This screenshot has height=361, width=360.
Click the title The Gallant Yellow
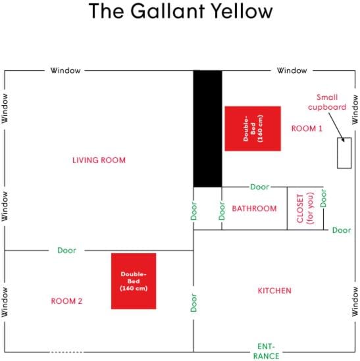coord(180,11)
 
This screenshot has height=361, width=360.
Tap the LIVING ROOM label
coord(99,160)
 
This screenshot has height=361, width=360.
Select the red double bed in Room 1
coord(253,128)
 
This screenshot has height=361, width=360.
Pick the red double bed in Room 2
coord(134,281)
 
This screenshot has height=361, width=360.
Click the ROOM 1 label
coord(307,128)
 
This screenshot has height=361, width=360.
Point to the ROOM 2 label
coord(66,301)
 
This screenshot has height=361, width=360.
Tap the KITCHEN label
coord(274,291)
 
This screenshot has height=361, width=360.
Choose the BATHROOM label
coord(254,208)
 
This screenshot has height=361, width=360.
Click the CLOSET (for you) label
coord(305,208)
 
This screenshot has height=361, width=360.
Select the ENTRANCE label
coord(266,351)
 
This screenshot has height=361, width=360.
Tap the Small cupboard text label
coord(327,102)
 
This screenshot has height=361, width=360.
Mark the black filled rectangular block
coord(208,128)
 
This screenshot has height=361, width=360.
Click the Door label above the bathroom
coord(260,187)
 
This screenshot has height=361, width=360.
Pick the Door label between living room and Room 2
coord(66,251)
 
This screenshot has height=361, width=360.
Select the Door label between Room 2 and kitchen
coord(193,302)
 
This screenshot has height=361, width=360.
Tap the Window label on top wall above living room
coord(65,70)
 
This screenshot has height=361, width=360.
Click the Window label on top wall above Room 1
coord(292,70)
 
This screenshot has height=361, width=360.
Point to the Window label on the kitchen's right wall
coord(355,302)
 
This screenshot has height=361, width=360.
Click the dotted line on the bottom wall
coord(67,352)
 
